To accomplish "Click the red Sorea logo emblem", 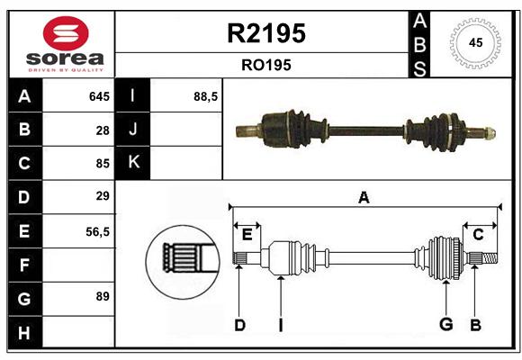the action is click(x=66, y=33).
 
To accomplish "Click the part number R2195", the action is click(x=266, y=33).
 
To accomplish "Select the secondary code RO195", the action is click(x=266, y=65).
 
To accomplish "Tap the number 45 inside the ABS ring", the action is click(x=476, y=42).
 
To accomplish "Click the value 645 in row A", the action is click(x=99, y=96).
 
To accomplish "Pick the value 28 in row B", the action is click(x=103, y=130).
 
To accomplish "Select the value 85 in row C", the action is click(x=103, y=164).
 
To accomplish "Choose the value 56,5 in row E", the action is click(x=97, y=232).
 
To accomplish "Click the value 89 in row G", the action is click(x=103, y=296).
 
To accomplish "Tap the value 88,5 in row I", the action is click(x=206, y=97).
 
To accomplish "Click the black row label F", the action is click(x=25, y=265).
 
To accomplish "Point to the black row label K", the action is click(x=132, y=163).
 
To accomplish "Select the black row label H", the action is click(x=25, y=333).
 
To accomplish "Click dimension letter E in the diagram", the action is click(x=247, y=235).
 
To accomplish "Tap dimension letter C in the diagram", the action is click(x=478, y=235).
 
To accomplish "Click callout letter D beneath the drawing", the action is click(x=239, y=325).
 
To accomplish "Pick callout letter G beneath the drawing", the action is click(x=446, y=324).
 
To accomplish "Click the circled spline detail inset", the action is click(x=183, y=262).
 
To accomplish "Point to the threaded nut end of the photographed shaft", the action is click(x=490, y=133).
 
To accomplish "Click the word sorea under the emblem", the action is click(x=65, y=58).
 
